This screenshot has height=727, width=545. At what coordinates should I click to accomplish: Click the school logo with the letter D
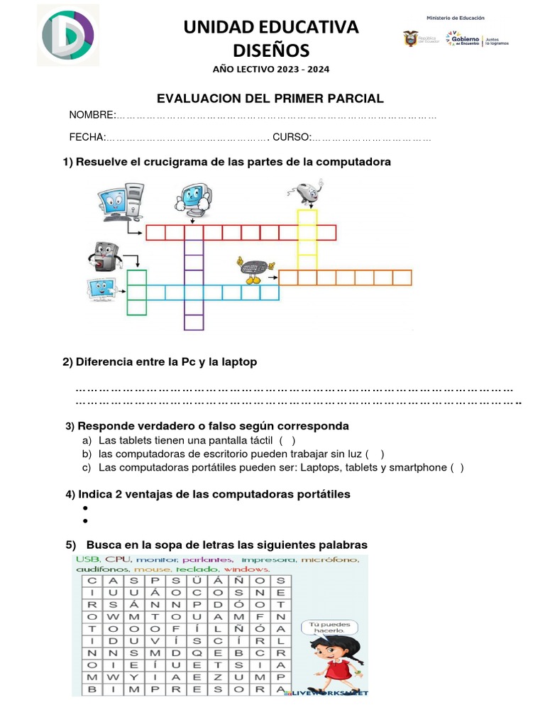pyautogui.click(x=68, y=35)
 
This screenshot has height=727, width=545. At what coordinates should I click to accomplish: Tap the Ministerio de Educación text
pyautogui.click(x=455, y=18)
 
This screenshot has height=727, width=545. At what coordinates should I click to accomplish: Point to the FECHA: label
pyautogui.click(x=87, y=136)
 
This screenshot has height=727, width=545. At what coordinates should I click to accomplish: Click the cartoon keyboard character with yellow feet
pyautogui.click(x=253, y=269)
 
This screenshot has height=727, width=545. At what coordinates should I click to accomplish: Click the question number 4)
pyautogui.click(x=70, y=494)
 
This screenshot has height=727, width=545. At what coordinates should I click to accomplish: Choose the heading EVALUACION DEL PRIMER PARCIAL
pyautogui.click(x=270, y=98)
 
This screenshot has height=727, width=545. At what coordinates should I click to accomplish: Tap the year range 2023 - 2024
pyautogui.click(x=297, y=70)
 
